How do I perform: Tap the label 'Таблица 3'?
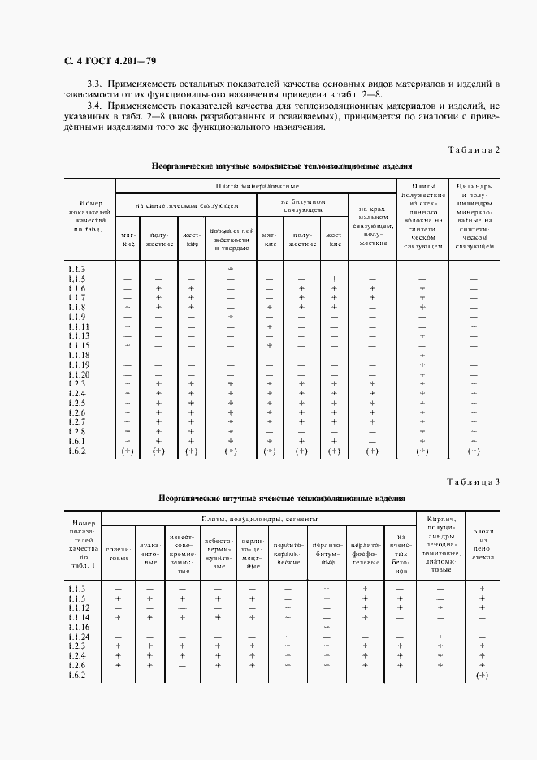tap(474, 482)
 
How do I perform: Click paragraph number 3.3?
tap(97, 84)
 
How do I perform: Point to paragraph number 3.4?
tap(97, 106)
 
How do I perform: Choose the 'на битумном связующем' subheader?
tap(303, 205)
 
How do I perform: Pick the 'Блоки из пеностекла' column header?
tap(483, 544)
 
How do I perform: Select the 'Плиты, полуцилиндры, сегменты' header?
tap(259, 519)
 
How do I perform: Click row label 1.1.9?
tap(77, 317)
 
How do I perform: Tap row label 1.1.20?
tap(79, 374)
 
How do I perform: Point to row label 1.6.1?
tap(77, 441)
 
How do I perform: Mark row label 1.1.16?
tap(79, 627)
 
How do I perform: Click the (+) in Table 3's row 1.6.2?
tap(482, 676)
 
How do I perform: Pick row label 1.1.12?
tap(79, 607)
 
